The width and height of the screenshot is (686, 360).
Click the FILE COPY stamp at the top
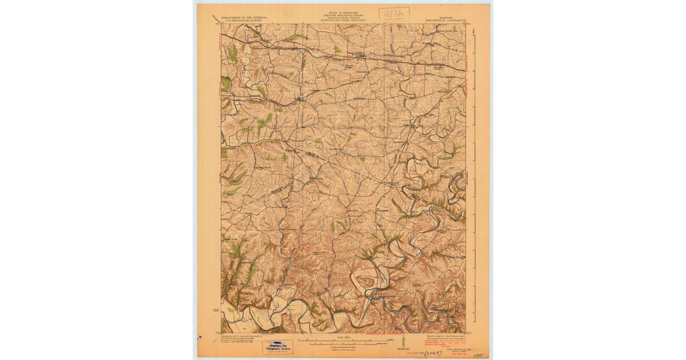coord(394,14)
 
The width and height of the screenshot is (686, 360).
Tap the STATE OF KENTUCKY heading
coord(343,10)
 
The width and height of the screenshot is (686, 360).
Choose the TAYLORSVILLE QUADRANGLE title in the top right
coord(449,21)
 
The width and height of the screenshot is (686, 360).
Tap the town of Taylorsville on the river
coord(373,295)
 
